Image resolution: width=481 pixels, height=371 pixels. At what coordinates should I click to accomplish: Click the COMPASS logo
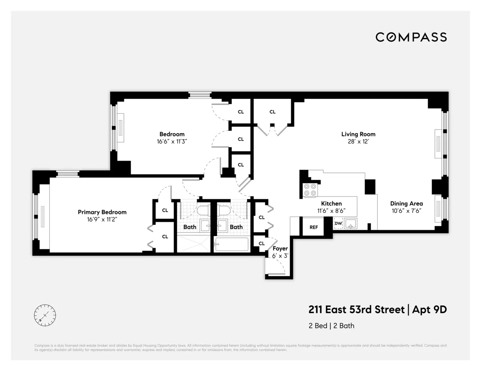coord(411,37)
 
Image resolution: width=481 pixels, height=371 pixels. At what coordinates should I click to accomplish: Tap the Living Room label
coord(358,134)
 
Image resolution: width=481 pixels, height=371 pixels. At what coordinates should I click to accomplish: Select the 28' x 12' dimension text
coord(358,141)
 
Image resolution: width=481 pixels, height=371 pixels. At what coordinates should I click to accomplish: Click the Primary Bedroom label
coord(102,212)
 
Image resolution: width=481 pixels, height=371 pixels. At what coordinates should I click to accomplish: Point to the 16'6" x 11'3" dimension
coord(172,141)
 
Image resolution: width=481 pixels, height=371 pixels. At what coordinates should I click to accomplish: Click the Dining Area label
coord(406,203)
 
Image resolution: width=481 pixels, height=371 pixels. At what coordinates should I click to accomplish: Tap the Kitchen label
coord(331,203)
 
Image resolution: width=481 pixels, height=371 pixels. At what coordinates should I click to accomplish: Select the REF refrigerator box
coord(313,227)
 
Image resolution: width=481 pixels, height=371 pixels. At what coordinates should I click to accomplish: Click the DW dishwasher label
coord(338,223)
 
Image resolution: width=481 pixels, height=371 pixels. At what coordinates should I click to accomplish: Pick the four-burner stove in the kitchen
coord(309,189)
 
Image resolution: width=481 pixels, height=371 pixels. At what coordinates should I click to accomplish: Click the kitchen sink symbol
coord(351,224)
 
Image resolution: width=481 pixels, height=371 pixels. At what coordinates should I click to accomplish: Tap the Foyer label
coord(280,249)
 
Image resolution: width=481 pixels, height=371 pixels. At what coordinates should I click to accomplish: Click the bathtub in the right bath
coord(231,244)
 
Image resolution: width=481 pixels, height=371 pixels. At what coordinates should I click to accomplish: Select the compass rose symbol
coord(45,315)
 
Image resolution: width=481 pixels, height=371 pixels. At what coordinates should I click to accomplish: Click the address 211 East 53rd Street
coord(356,310)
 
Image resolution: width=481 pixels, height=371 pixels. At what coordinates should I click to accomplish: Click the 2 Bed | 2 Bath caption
coord(331,326)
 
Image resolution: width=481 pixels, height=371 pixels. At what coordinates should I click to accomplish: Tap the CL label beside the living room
coord(273,112)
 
